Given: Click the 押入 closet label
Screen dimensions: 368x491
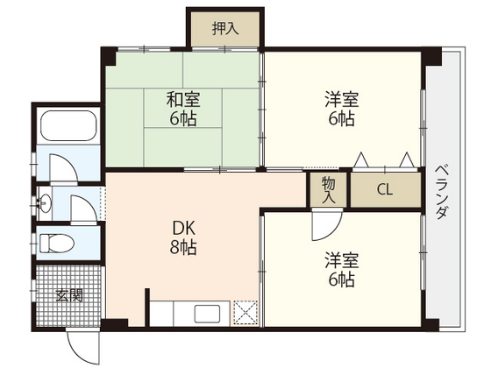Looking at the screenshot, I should [225, 28].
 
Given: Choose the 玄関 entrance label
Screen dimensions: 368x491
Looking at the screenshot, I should [69, 295].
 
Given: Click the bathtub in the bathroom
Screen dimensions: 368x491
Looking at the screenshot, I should [68, 128].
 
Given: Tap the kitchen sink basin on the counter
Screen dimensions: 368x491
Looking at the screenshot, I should [209, 313].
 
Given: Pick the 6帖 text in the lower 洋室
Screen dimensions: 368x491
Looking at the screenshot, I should [342, 280].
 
